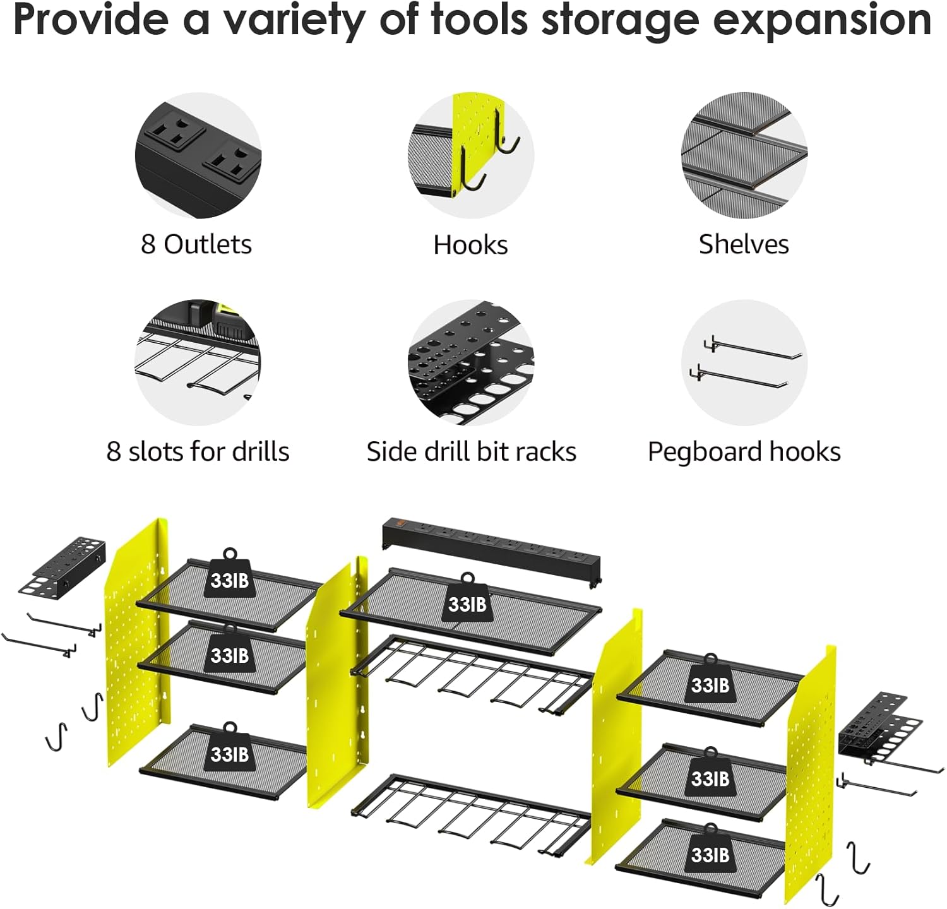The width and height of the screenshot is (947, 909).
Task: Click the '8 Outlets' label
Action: tap(196, 244)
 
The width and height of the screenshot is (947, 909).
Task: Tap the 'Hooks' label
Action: tap(470, 245)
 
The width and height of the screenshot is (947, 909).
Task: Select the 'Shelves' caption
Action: tap(744, 244)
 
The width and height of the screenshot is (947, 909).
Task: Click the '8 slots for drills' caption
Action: tap(198, 451)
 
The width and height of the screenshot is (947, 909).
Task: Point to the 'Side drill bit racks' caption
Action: tap(471, 451)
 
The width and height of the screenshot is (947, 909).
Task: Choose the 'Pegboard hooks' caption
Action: tap(744, 451)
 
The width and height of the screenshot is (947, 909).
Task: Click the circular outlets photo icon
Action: tap(198, 155)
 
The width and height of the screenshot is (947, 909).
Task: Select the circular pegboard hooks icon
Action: tap(744, 362)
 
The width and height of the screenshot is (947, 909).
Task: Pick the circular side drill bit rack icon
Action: tap(471, 362)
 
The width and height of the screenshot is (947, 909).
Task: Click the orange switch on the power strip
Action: tap(398, 523)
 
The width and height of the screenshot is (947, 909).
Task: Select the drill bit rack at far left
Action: tap(61, 566)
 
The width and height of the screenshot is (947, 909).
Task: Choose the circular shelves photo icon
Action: tap(744, 155)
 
